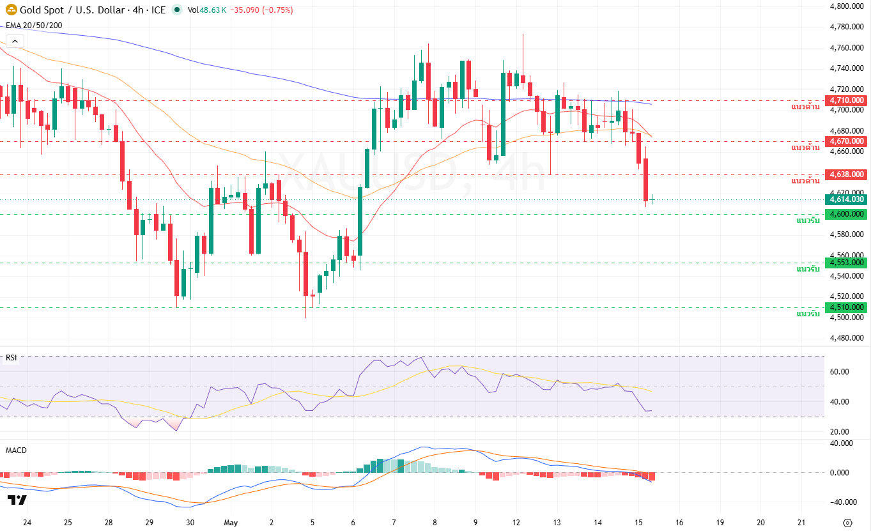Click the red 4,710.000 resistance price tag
(845, 100)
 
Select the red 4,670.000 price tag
(845, 141)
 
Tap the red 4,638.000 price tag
(845, 174)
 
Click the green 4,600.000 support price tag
(845, 214)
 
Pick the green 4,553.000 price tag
(845, 263)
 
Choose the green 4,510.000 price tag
(845, 307)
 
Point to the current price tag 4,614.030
(845, 199)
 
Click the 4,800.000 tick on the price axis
(847, 6)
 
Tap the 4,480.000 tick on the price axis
(847, 338)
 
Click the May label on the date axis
(231, 523)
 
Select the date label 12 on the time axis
(516, 523)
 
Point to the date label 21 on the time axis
(801, 523)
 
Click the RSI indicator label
(12, 358)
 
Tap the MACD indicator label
(16, 450)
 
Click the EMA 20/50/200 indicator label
(34, 26)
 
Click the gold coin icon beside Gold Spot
(12, 10)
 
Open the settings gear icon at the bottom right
(847, 523)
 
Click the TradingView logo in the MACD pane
(17, 500)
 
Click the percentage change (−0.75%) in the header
(277, 10)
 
